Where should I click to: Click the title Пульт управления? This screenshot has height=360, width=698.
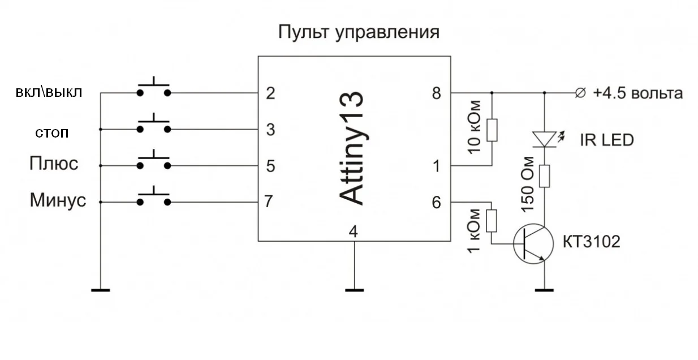click(359, 32)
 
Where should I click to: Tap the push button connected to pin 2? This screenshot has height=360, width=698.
click(153, 89)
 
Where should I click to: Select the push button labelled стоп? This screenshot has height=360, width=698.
click(153, 126)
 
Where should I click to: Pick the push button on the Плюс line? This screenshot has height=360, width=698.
click(153, 163)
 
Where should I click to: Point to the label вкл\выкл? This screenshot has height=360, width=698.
click(49, 93)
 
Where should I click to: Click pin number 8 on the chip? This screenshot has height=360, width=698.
click(436, 93)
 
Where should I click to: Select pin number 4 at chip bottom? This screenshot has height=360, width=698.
click(354, 232)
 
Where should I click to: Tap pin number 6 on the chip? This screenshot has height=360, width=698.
click(436, 202)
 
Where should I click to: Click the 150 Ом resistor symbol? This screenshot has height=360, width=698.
click(544, 175)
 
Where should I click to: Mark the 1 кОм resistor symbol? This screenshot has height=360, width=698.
click(492, 221)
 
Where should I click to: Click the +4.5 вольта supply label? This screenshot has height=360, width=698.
click(637, 93)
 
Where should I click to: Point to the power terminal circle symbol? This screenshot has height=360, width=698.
click(580, 93)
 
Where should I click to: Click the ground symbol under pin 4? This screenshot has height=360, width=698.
click(354, 290)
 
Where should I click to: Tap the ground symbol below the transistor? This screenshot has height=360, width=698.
click(544, 290)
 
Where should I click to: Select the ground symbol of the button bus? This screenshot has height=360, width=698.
click(100, 290)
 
